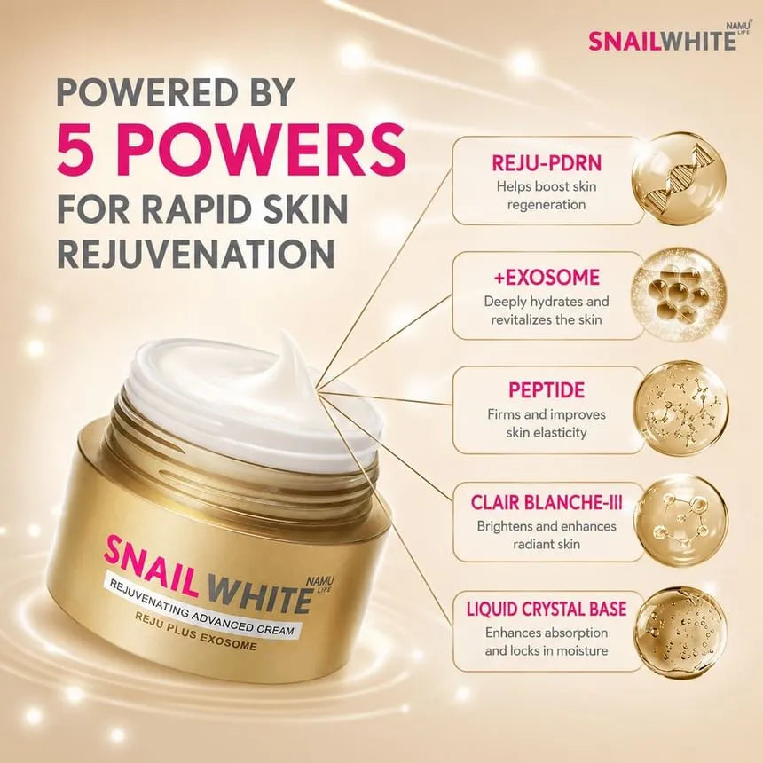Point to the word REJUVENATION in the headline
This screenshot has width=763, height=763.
tap(196, 252)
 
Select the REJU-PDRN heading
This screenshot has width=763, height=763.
tap(547, 163)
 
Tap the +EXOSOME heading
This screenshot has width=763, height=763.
tap(547, 278)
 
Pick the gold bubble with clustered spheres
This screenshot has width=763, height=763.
tap(679, 296)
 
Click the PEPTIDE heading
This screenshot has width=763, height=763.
tap(547, 390)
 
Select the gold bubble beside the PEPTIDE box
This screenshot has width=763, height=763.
tap(680, 408)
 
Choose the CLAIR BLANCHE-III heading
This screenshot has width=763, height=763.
tap(547, 503)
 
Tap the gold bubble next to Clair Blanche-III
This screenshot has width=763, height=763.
tap(681, 522)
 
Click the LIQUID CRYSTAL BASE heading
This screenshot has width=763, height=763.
tap(547, 610)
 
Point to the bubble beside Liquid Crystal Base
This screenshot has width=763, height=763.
tap(681, 633)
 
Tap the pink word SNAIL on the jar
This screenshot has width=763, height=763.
tap(152, 565)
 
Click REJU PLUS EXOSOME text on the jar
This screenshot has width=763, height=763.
tap(194, 631)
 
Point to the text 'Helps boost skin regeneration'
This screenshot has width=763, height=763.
tap(547, 195)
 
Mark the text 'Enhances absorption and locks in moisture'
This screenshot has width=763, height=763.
tap(547, 641)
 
